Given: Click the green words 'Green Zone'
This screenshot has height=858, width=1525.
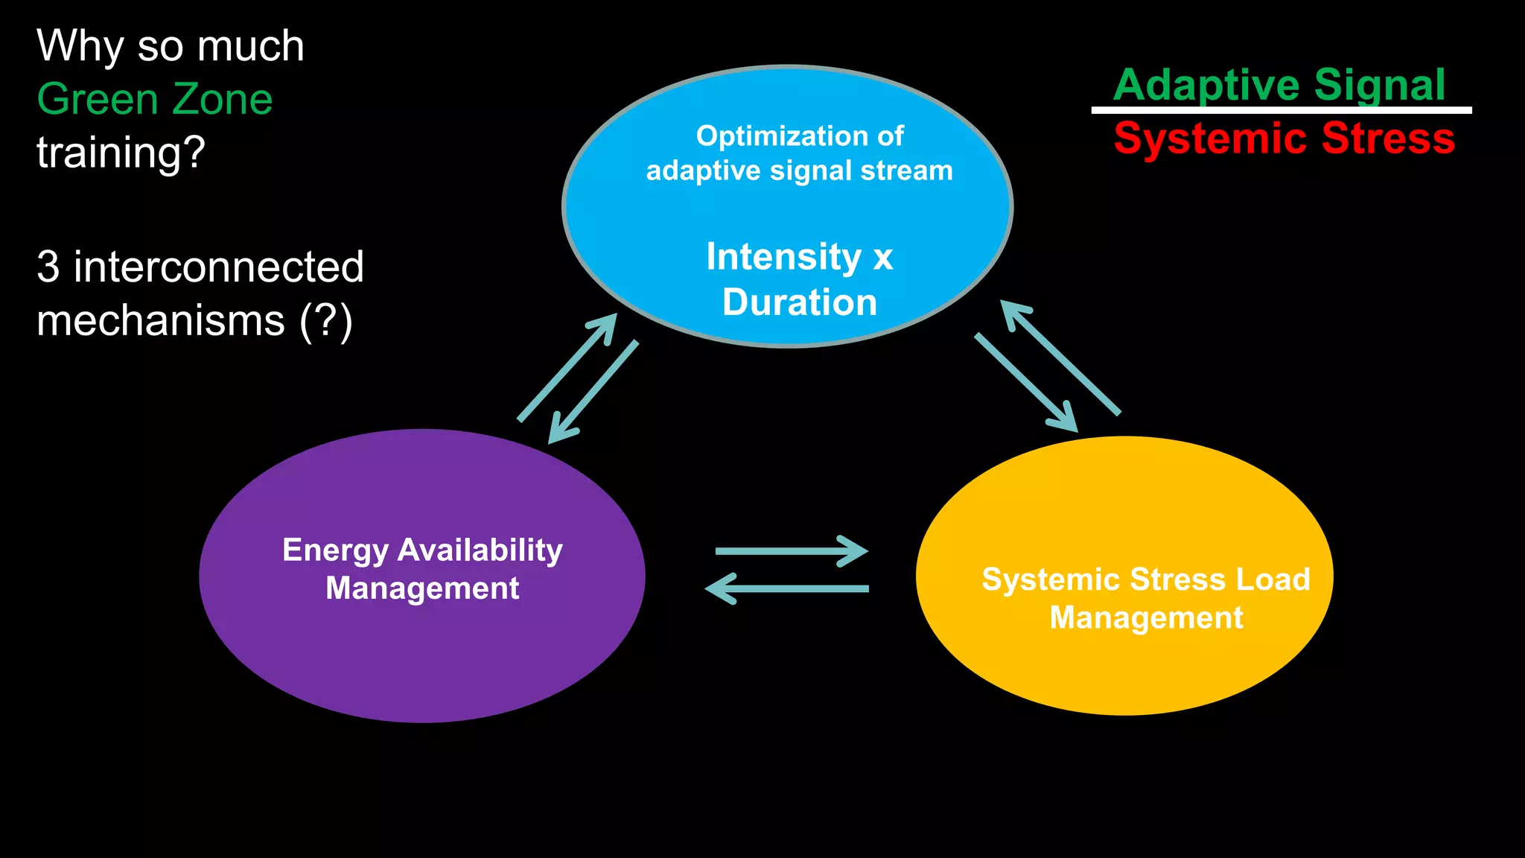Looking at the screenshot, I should click(x=155, y=99).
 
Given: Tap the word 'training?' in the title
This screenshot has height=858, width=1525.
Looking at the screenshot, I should click(x=121, y=153).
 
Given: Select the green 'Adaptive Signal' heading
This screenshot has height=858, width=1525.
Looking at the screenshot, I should click(x=1279, y=84).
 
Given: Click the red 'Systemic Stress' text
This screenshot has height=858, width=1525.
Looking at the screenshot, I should click(x=1284, y=139).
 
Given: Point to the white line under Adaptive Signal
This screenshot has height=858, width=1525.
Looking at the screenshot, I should click(x=1281, y=110).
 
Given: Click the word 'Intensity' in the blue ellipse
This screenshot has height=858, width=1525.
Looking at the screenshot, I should click(x=783, y=257).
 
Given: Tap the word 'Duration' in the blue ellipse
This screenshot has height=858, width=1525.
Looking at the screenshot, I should click(x=800, y=302).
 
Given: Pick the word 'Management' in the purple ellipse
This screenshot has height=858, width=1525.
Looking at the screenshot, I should click(x=422, y=588).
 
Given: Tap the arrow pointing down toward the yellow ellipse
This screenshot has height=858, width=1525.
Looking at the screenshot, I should click(x=1026, y=383).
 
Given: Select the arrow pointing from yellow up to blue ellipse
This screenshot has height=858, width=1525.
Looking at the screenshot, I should click(x=1060, y=357).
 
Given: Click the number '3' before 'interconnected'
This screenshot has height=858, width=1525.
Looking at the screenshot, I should click(x=48, y=267).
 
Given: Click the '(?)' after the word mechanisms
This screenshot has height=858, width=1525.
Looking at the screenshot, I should click(x=325, y=321).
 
